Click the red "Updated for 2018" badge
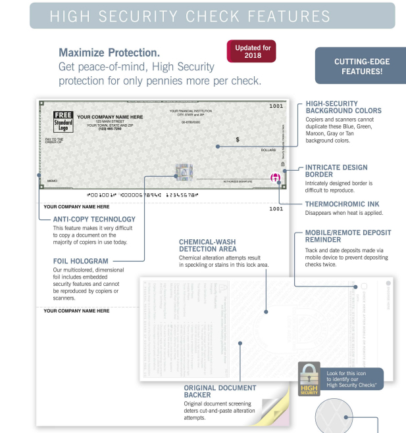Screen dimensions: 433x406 tap(251, 51)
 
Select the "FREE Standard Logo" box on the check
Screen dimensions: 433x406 tap(63, 122)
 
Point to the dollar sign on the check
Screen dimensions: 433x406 tap(238, 139)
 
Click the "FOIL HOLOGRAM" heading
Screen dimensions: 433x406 tap(80, 261)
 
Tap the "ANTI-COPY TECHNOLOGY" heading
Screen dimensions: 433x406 tap(94, 219)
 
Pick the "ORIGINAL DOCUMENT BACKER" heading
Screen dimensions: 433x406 tap(220, 392)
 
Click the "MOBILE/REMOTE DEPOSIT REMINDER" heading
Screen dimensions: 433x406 tap(348, 237)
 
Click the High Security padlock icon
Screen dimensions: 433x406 tap(309, 378)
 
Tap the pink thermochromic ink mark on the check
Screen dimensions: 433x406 tap(276, 177)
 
